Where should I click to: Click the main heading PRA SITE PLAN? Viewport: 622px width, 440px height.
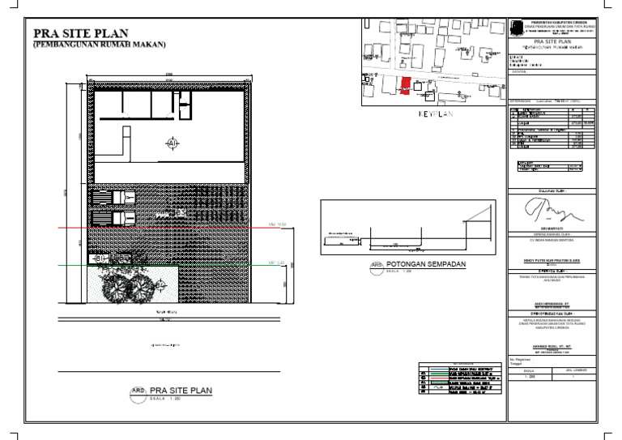point(80,33)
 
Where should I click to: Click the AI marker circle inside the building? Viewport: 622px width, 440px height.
point(172,143)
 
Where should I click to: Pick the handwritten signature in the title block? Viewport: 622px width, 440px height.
point(555,212)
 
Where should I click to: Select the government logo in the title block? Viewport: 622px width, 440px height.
point(515,27)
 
